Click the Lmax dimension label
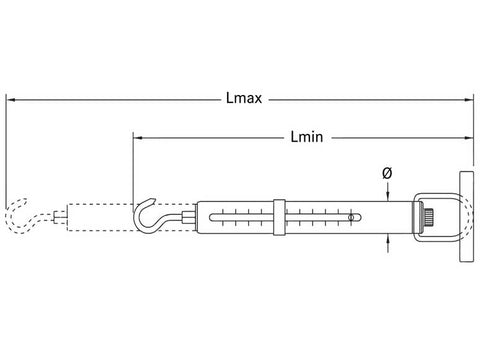point(244,98)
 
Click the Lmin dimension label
point(307,137)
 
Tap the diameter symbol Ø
point(387,173)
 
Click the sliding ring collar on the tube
point(279,217)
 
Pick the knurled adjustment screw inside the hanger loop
point(427,217)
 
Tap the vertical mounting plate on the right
point(467,217)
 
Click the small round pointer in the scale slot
point(351,217)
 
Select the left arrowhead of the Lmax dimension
point(11,99)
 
